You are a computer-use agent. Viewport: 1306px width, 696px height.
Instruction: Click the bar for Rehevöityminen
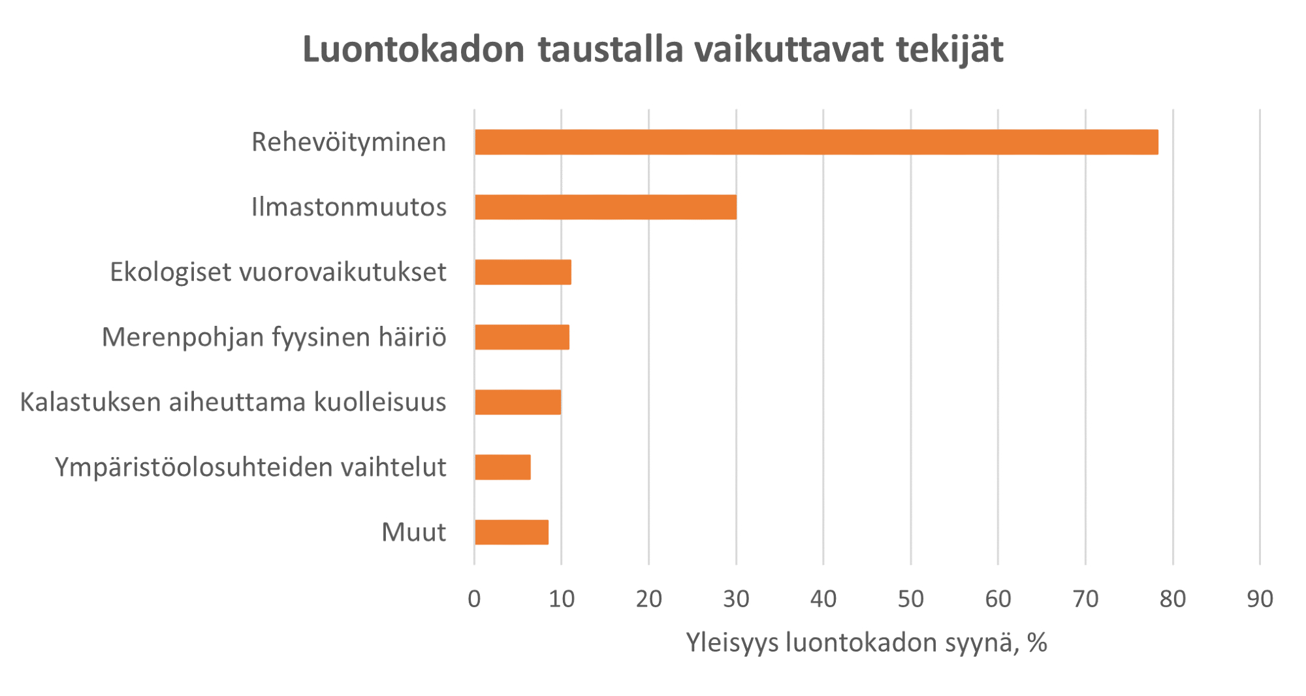pos(816,142)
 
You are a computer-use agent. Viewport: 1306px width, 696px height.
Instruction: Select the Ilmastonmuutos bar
pos(605,207)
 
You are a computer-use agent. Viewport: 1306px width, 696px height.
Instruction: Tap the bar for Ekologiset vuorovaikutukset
pos(523,272)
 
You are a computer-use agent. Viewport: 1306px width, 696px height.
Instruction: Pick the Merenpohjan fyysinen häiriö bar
pos(522,337)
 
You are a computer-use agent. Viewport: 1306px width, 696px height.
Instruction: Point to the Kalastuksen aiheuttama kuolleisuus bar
pos(518,402)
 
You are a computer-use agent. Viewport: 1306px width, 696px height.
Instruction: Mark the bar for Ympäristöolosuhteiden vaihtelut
pos(503,467)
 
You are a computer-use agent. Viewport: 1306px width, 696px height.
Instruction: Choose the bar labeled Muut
pos(511,532)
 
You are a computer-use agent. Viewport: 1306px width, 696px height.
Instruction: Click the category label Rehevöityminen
pos(349,142)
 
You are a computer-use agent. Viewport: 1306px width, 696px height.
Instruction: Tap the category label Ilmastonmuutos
pos(349,207)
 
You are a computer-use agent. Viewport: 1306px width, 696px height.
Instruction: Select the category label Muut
pos(413,532)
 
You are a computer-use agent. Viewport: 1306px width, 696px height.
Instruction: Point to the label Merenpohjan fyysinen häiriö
pos(274,337)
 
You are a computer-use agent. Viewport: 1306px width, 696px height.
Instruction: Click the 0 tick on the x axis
pos(474,599)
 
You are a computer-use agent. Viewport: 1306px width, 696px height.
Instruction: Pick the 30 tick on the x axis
pos(736,599)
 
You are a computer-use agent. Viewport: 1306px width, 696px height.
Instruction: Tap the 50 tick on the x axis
pos(910,599)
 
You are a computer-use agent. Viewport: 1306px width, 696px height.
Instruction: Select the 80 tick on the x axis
pos(1173,599)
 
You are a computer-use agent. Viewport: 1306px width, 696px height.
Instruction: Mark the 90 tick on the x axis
pos(1260,599)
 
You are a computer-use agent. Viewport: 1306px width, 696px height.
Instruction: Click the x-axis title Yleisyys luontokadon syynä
pos(866,643)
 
